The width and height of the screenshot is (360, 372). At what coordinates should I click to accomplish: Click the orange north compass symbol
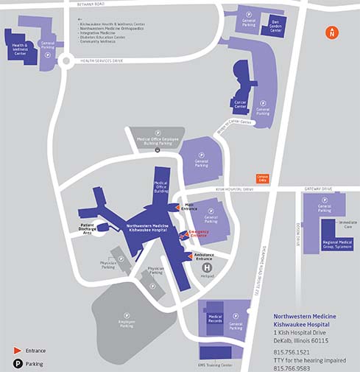tap(332, 32)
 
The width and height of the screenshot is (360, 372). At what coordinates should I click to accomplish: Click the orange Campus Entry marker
tap(261, 178)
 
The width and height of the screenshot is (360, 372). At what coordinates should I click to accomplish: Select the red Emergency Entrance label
tap(198, 234)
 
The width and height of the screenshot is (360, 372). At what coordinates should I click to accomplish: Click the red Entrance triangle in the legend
tap(16, 351)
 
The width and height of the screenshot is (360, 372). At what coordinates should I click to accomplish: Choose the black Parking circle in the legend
tap(16, 362)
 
